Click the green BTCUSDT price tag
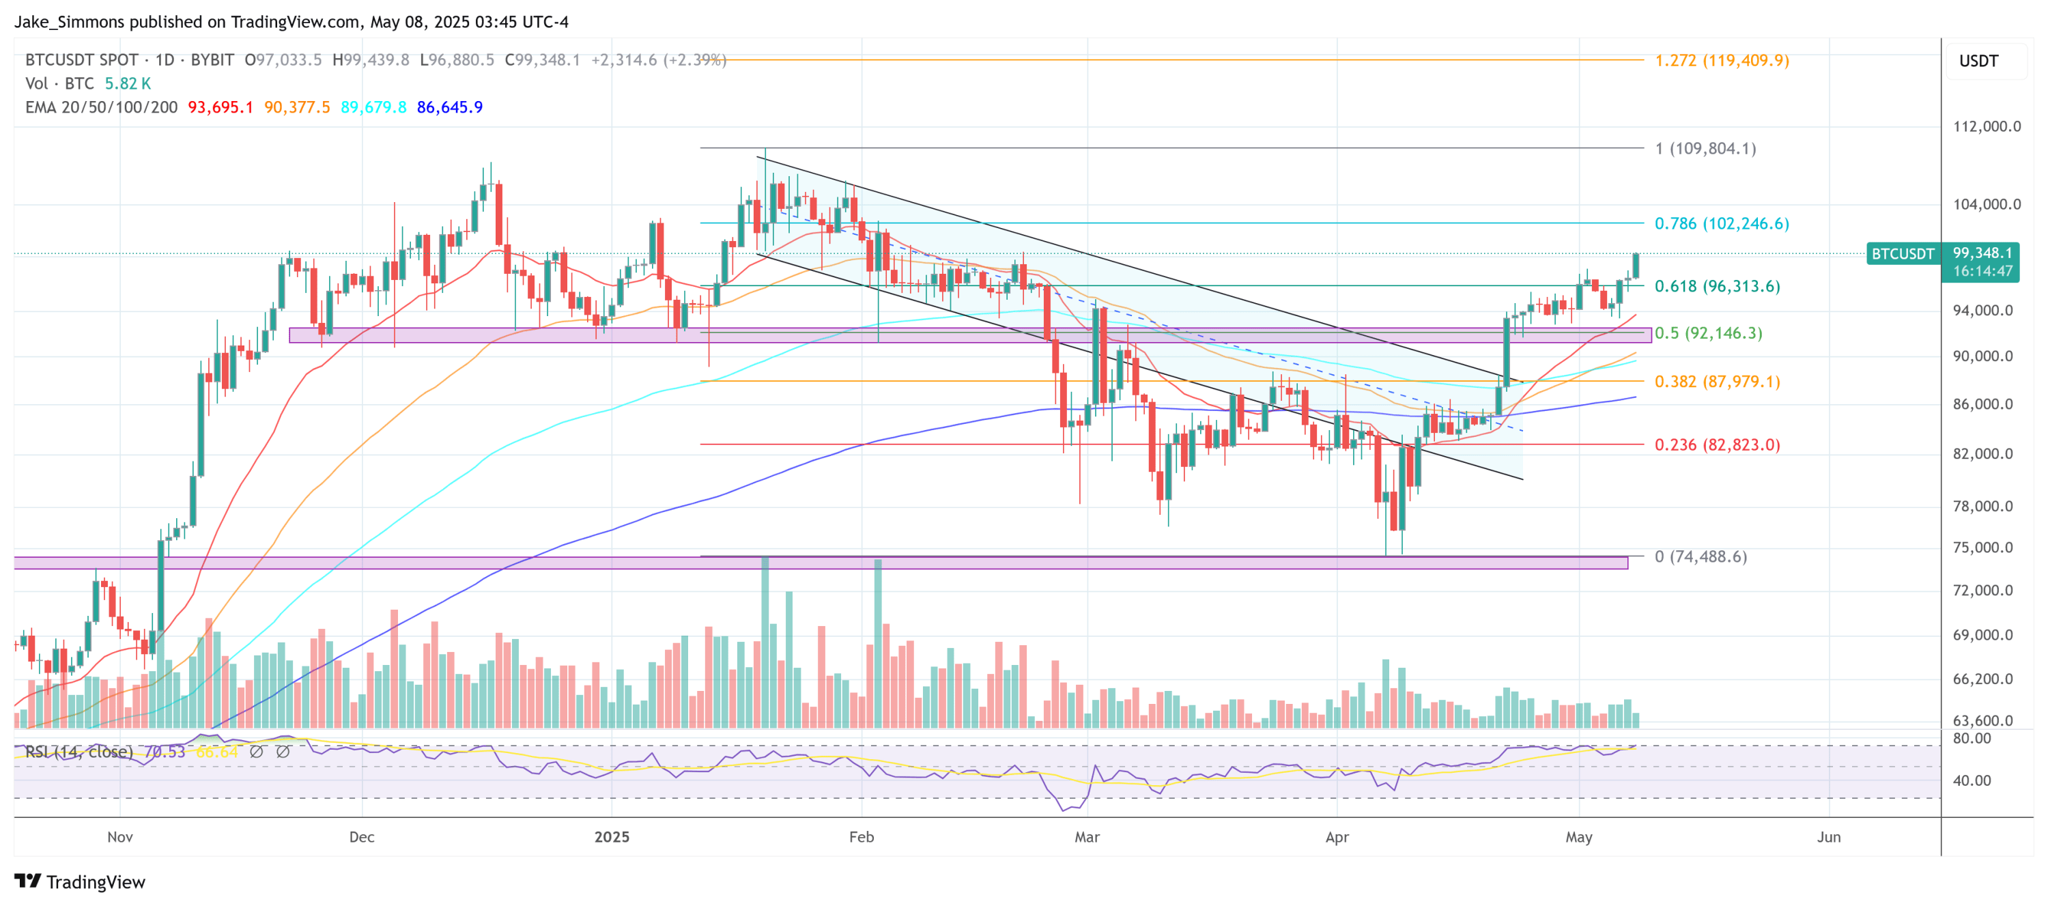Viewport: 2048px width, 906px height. tap(1902, 254)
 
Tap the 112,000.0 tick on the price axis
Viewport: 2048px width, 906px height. tap(1986, 126)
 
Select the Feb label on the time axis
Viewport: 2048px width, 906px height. tap(861, 837)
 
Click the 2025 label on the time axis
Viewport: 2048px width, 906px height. tap(612, 837)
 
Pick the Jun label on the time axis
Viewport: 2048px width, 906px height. tap(1829, 837)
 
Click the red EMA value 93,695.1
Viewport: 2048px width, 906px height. tap(221, 107)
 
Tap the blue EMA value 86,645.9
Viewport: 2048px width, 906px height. tap(449, 107)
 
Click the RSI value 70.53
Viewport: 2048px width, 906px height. tap(165, 752)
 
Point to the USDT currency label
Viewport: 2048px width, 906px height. tap(1978, 61)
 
